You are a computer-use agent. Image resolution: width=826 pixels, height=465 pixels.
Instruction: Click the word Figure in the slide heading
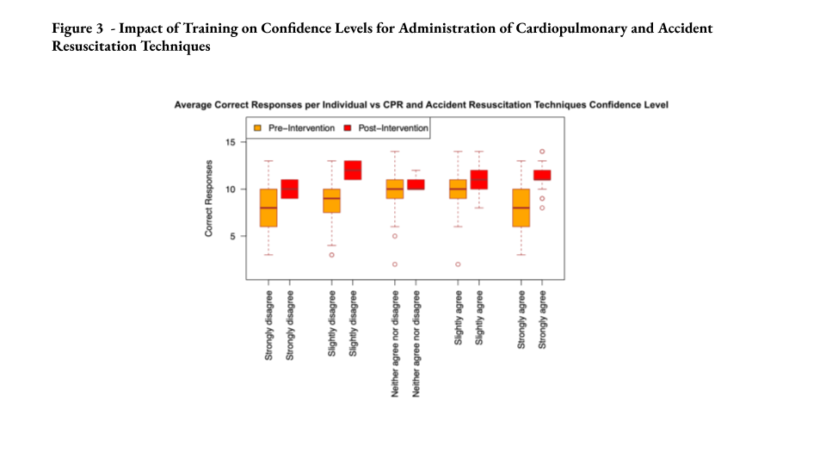(x=71, y=28)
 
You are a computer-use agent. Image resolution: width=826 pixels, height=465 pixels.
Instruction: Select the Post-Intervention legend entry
(x=392, y=128)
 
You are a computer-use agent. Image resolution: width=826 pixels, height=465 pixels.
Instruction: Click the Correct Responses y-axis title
(x=208, y=197)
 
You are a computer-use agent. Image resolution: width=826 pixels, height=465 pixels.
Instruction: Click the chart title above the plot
(x=421, y=105)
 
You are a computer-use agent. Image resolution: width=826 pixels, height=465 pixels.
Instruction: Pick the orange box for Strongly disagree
(x=268, y=208)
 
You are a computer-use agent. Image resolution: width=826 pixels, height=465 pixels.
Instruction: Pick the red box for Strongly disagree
(x=289, y=189)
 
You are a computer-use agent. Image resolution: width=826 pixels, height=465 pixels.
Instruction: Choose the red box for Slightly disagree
(x=353, y=170)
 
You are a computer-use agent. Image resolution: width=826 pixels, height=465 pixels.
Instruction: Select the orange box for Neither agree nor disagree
(x=395, y=189)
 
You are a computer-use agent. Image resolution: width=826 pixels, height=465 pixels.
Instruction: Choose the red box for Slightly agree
(x=479, y=179)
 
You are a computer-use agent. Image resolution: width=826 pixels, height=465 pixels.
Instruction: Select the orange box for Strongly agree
(x=521, y=208)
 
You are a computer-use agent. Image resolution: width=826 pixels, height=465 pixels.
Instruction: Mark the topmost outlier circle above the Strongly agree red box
(x=541, y=152)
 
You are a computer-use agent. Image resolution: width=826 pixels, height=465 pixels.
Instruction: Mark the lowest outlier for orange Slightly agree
(x=458, y=264)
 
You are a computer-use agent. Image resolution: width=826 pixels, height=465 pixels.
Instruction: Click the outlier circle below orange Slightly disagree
(x=331, y=255)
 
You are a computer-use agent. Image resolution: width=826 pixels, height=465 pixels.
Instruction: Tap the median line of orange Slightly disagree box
(x=331, y=198)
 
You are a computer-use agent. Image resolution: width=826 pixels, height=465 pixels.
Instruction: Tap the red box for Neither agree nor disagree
(x=416, y=184)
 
